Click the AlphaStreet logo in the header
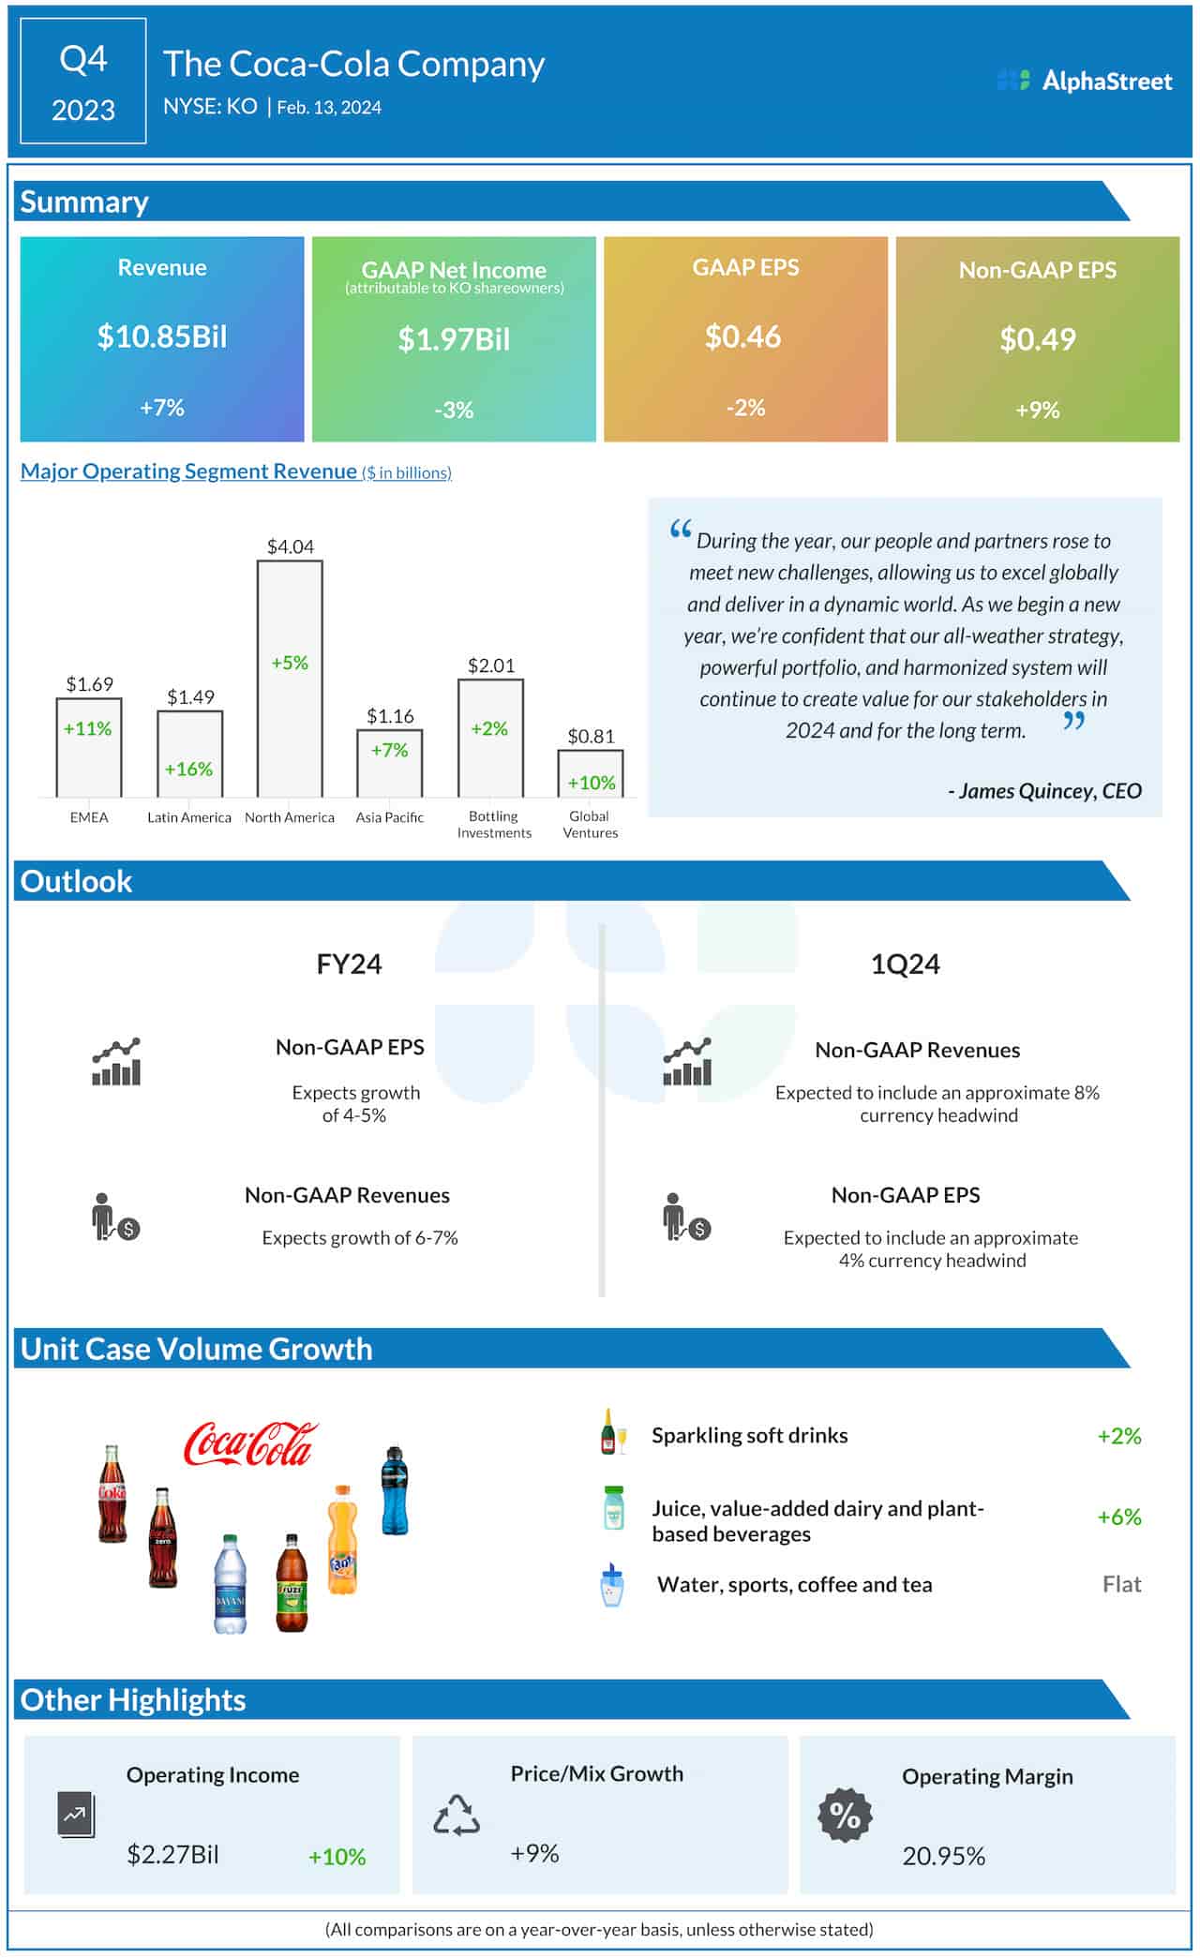click(1085, 81)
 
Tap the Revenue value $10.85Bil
click(162, 336)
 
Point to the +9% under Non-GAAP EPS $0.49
click(1037, 410)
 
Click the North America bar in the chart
click(290, 680)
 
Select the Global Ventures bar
click(591, 773)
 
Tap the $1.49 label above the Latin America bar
click(190, 696)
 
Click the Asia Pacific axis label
click(389, 817)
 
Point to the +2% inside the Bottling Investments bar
click(489, 728)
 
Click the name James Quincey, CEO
click(1045, 791)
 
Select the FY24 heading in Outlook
click(349, 964)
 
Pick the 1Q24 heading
click(905, 964)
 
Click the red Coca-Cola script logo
click(250, 1444)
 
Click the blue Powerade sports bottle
click(395, 1490)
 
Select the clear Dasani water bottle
click(230, 1584)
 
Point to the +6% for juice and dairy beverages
click(1118, 1517)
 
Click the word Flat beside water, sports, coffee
click(1121, 1584)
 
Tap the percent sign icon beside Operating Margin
click(845, 1816)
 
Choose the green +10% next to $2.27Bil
click(337, 1857)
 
